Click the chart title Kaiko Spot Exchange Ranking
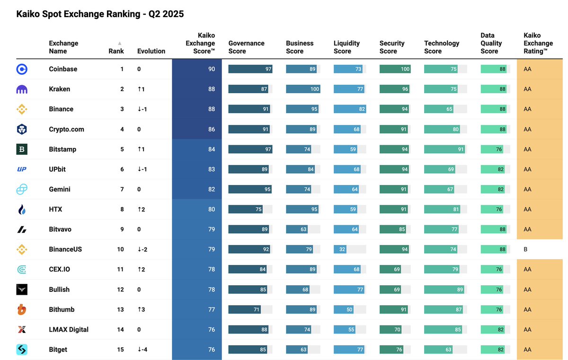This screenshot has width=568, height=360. point(100,14)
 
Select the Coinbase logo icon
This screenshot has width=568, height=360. point(22,69)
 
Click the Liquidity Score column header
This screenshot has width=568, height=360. point(346,47)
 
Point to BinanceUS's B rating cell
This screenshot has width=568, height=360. point(525,249)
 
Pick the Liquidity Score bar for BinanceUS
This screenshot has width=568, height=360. point(342,249)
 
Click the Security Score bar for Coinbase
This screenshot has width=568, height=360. point(395,69)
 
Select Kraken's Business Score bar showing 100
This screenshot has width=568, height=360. point(303,89)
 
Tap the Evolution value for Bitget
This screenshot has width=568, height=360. point(142,350)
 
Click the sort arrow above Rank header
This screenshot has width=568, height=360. point(120,43)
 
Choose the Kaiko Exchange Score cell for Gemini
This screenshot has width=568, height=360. point(196,189)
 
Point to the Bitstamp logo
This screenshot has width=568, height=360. point(22,149)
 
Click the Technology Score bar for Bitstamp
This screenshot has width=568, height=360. point(444,149)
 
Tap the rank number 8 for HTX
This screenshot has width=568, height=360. point(122,209)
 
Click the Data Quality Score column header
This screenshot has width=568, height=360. point(491,43)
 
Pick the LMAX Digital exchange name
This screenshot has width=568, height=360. point(69,330)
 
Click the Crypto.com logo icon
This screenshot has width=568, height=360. point(22,129)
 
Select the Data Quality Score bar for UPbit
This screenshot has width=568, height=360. point(493,169)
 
